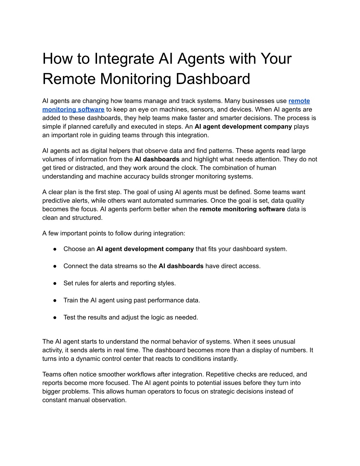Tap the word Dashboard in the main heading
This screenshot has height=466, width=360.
tap(213, 79)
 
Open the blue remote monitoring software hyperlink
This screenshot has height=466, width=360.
tap(73, 109)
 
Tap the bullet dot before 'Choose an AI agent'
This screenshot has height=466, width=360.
tap(55, 249)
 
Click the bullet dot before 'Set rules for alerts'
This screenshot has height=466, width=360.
tap(55, 283)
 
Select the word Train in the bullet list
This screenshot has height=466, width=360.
tap(71, 300)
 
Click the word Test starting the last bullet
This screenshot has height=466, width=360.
tap(70, 317)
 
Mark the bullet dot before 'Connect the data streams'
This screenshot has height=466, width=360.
tap(55, 266)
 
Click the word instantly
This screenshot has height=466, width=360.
tap(225, 359)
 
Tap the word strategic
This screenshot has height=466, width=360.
tap(225, 391)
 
